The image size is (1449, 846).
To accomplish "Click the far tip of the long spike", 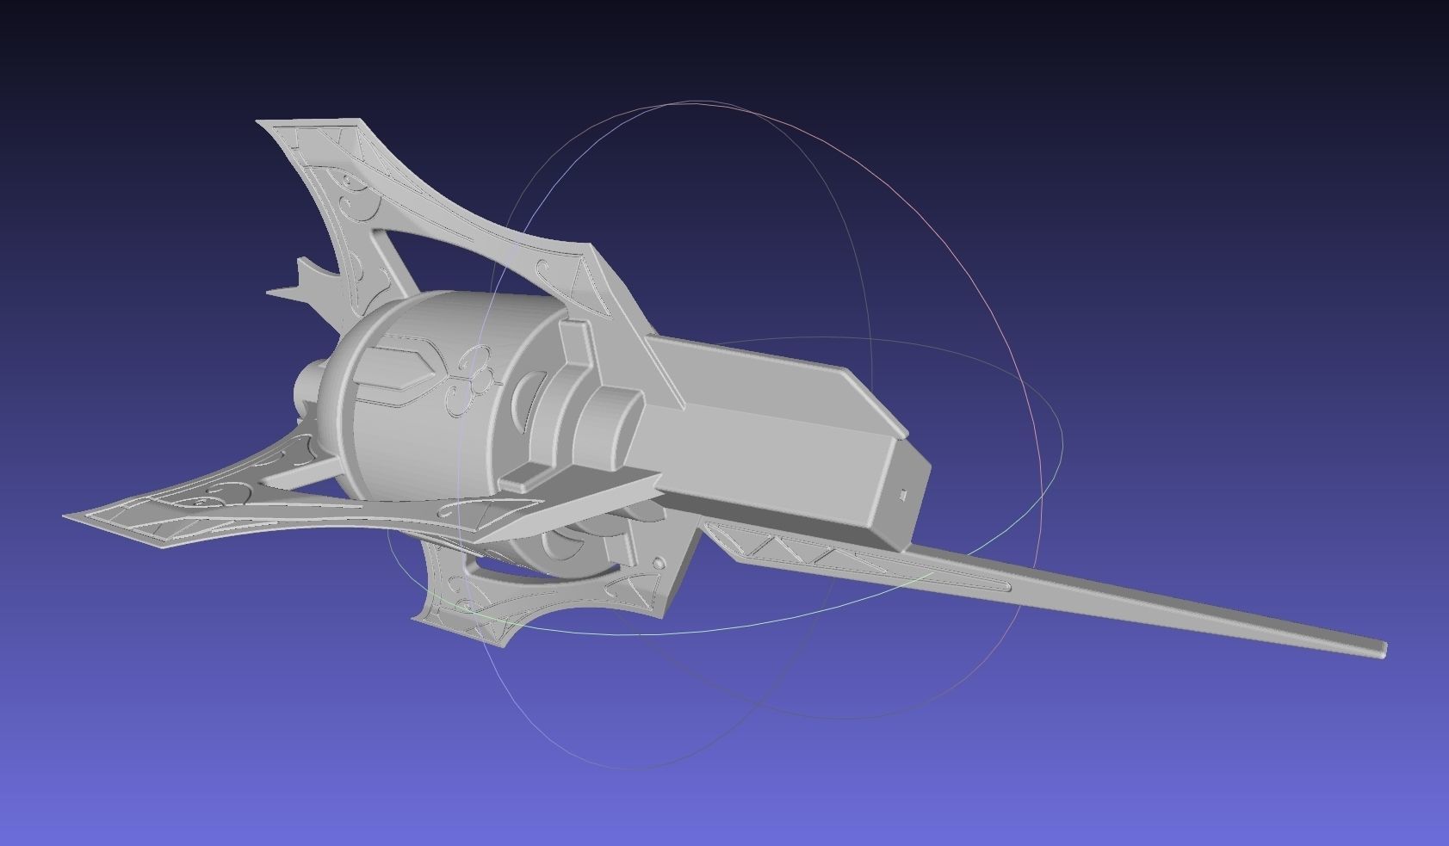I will pyautogui.click(x=1381, y=648).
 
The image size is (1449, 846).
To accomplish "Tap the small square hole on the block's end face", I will pyautogui.click(x=903, y=494).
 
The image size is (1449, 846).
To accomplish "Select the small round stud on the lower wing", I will pyautogui.click(x=659, y=563).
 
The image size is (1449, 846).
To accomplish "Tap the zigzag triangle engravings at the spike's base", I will pyautogui.click(x=775, y=544).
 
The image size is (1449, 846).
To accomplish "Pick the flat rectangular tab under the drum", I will pyautogui.click(x=523, y=478).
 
